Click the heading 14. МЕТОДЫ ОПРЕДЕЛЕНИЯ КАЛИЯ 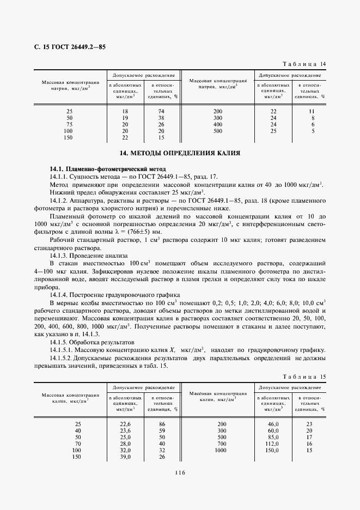pyautogui.click(x=180, y=154)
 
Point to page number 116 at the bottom pyautogui.click(x=180, y=473)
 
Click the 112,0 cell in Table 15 pyautogui.click(x=272, y=444)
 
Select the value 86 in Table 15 pyautogui.click(x=161, y=423)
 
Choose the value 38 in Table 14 pyautogui.click(x=161, y=118)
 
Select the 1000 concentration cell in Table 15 pyautogui.click(x=220, y=451)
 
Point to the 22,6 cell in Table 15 pyautogui.click(x=125, y=423)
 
